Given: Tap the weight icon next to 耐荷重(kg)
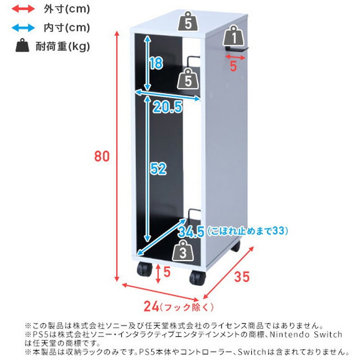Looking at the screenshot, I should (x=22, y=46).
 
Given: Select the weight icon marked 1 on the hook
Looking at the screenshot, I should (x=234, y=36).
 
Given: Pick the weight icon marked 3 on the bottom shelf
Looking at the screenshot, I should (x=183, y=251).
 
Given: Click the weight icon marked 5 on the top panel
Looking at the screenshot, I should (x=188, y=21).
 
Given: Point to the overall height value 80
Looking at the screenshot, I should (x=102, y=157).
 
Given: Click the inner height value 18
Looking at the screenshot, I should (x=156, y=64).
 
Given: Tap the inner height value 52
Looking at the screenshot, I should (x=158, y=169).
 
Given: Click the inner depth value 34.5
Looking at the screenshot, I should (x=191, y=232).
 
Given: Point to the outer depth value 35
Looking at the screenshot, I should (x=242, y=277).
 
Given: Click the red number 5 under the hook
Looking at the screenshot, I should (x=233, y=66).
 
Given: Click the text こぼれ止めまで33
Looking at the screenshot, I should (x=247, y=231).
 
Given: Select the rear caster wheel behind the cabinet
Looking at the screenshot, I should (x=235, y=247).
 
